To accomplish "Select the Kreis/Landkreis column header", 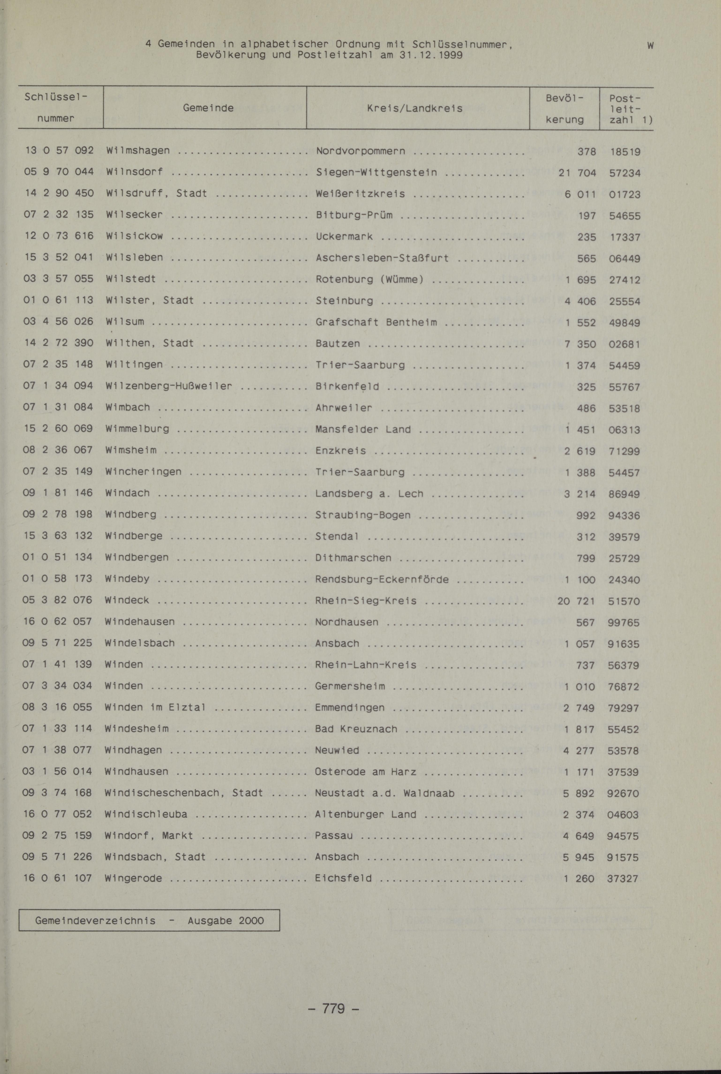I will coord(414,109).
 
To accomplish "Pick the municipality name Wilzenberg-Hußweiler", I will coord(169,386).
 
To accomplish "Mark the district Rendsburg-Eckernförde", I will coord(382,579).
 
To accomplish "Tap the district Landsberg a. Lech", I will coord(369,494).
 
